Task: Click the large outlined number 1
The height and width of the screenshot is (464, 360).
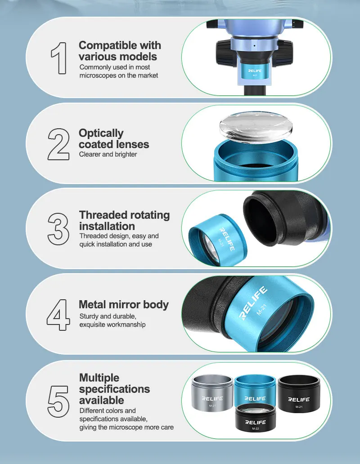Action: pos(59,58)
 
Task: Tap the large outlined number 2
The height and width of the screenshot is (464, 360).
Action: pos(58,144)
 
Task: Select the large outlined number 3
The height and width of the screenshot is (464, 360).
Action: pos(58,229)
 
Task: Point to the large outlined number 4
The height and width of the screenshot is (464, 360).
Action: pos(58,315)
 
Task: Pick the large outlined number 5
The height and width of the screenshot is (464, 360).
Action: pos(58,401)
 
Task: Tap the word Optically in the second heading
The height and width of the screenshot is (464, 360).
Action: pos(101,134)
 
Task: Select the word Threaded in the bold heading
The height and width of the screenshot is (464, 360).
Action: pos(99,215)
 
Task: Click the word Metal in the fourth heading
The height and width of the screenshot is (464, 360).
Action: pos(92,304)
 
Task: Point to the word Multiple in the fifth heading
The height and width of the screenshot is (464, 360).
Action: pos(99,378)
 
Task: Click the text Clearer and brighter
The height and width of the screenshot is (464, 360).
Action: pos(108,154)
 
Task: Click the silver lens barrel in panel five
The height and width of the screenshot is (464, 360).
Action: pos(212,393)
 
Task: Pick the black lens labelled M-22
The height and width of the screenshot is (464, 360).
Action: pos(255,418)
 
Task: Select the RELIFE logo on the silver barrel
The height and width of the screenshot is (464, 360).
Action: pos(212,398)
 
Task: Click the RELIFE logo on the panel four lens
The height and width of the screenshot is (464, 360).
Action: pos(253,303)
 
